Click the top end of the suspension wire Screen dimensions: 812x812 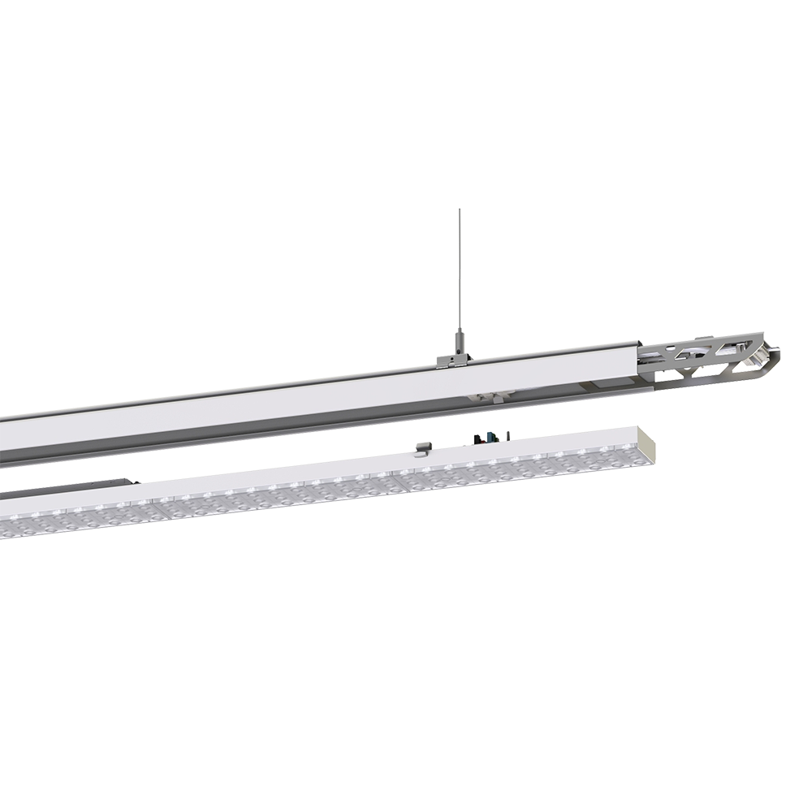(460, 213)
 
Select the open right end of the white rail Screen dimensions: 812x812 (637, 357)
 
